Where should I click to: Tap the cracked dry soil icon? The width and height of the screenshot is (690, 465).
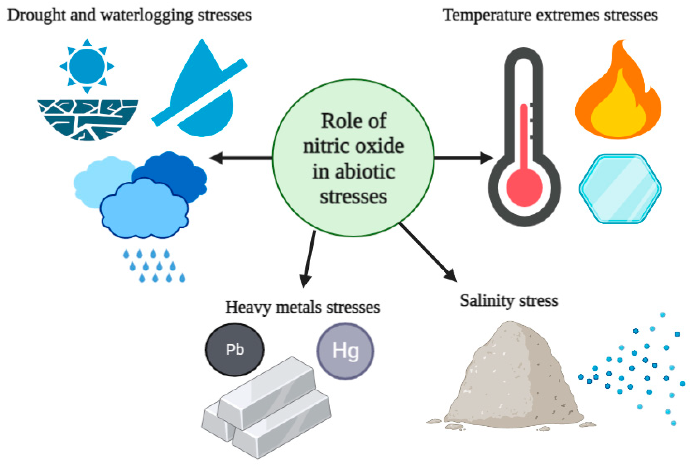88,119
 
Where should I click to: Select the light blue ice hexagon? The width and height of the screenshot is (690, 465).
620,188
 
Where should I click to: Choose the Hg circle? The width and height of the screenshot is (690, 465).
345,351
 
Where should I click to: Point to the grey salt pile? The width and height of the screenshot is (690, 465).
510,383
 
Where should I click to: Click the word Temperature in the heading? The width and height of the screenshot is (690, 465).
486,15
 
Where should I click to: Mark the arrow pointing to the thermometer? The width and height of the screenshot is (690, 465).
463,158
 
